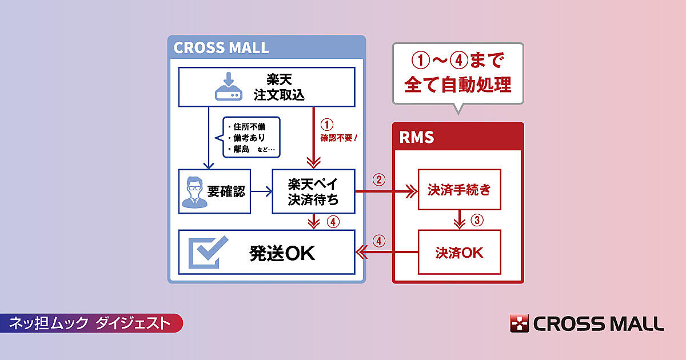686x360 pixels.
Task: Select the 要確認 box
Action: point(214,191)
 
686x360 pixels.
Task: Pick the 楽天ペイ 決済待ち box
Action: point(313,191)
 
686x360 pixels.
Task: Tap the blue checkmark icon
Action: point(208,253)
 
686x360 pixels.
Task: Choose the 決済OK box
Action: point(459,252)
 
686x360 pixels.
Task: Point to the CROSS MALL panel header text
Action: point(221,47)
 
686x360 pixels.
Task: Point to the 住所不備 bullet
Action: point(246,126)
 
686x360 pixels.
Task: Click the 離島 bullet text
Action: point(241,150)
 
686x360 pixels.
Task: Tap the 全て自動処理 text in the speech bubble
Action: point(457,85)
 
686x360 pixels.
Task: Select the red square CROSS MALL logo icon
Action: point(520,323)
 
